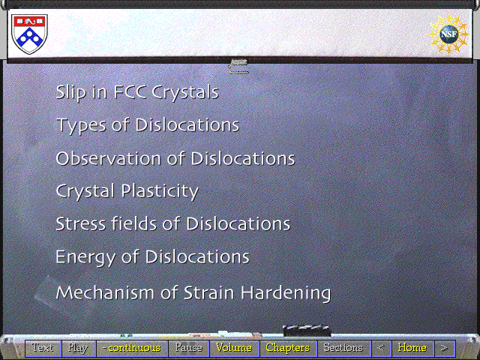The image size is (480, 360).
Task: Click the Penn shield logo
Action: pos(29,34)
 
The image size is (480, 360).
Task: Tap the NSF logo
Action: pos(448,34)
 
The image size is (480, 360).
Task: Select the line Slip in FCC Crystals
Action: pos(137,91)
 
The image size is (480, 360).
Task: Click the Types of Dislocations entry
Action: pos(148,125)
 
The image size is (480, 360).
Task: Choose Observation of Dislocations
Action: pos(175,158)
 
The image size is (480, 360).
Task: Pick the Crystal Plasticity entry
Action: pos(127,191)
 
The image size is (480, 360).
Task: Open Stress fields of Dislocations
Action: pos(173,223)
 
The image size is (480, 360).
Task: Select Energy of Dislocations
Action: pos(152,256)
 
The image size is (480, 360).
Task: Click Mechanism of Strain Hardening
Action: pos(193,292)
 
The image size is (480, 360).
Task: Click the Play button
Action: pos(79,348)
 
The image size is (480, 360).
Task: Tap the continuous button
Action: pos(132,348)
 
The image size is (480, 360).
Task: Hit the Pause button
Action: pos(188,348)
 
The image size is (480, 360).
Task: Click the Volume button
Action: pos(234,348)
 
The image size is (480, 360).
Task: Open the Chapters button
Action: pos(288,348)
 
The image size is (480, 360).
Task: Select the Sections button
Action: pos(343,348)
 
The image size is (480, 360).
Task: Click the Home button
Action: pos(412,348)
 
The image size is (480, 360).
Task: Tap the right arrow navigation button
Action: pos(445,348)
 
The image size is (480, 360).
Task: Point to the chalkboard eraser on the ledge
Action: pos(307,330)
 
